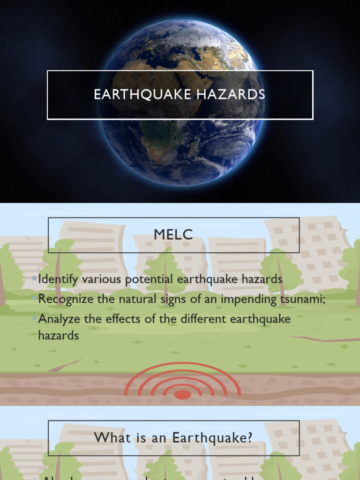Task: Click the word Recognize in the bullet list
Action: click(x=66, y=299)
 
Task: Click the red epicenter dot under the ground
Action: click(x=182, y=395)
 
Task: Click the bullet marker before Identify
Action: click(x=35, y=279)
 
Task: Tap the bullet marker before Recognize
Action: click(x=35, y=299)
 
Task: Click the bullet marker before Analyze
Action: click(x=35, y=319)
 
